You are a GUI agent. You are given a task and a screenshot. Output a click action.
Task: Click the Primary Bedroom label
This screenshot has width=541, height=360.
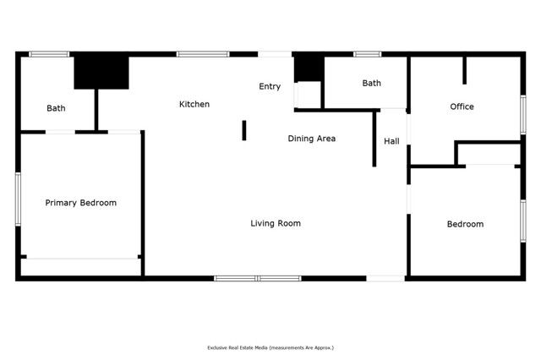[x=80, y=203]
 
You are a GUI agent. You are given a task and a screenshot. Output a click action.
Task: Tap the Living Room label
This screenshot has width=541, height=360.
[x=276, y=223]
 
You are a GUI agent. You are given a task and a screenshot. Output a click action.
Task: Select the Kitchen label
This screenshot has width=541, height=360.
[x=194, y=104]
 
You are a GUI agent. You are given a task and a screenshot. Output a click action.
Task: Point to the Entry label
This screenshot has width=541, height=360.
[x=270, y=86]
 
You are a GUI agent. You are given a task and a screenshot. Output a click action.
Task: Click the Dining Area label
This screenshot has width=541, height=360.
[x=312, y=138]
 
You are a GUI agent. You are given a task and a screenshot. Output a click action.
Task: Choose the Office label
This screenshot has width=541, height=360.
[x=462, y=106]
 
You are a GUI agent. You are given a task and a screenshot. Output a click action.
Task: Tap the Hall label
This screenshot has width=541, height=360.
[x=391, y=141]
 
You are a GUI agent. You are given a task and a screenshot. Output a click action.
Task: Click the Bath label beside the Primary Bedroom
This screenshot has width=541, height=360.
[x=56, y=108]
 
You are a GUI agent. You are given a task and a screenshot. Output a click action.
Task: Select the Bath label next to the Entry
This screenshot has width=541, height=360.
[x=372, y=83]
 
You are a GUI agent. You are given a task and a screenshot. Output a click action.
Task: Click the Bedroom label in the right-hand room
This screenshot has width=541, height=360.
[x=465, y=224]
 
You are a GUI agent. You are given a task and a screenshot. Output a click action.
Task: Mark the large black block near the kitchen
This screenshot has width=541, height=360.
[x=101, y=73]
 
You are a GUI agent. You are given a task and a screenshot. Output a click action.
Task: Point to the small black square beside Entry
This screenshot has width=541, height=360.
[x=308, y=68]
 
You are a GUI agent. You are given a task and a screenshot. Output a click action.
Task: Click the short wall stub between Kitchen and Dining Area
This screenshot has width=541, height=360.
[x=244, y=130]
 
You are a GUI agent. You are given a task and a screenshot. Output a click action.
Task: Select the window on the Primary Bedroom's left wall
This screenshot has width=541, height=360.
[x=18, y=199]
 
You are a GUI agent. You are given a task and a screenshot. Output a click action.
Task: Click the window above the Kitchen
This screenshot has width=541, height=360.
[x=203, y=55]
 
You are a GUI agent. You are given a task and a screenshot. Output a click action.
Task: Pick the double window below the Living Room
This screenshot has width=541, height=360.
[x=257, y=278]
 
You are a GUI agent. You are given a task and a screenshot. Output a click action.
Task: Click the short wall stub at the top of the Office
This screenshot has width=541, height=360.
[x=464, y=71]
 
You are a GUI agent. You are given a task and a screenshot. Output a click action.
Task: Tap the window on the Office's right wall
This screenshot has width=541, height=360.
[x=522, y=115]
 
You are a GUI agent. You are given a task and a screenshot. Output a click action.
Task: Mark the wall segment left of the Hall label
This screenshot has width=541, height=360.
[x=374, y=139]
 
